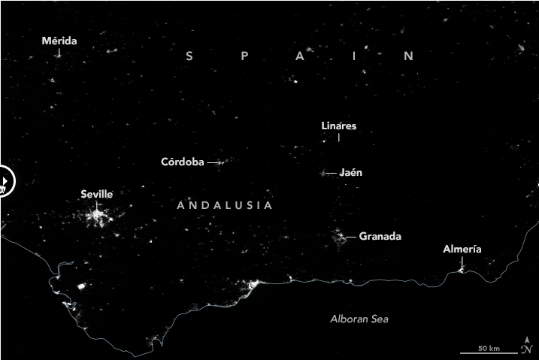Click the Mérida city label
(x=59, y=41)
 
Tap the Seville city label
(x=96, y=194)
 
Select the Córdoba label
(x=183, y=162)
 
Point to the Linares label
(x=338, y=126)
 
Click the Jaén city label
(x=351, y=172)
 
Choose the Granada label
(x=380, y=236)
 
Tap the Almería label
(x=462, y=250)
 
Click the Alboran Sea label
(x=359, y=319)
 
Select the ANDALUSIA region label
(x=225, y=205)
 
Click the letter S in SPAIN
(x=190, y=56)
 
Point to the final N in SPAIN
(x=409, y=56)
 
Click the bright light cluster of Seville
(x=96, y=217)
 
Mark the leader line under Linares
(x=338, y=138)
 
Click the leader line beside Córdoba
(x=213, y=162)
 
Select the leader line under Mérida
(x=59, y=53)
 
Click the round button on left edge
(x=3, y=181)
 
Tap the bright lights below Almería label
(x=462, y=268)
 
